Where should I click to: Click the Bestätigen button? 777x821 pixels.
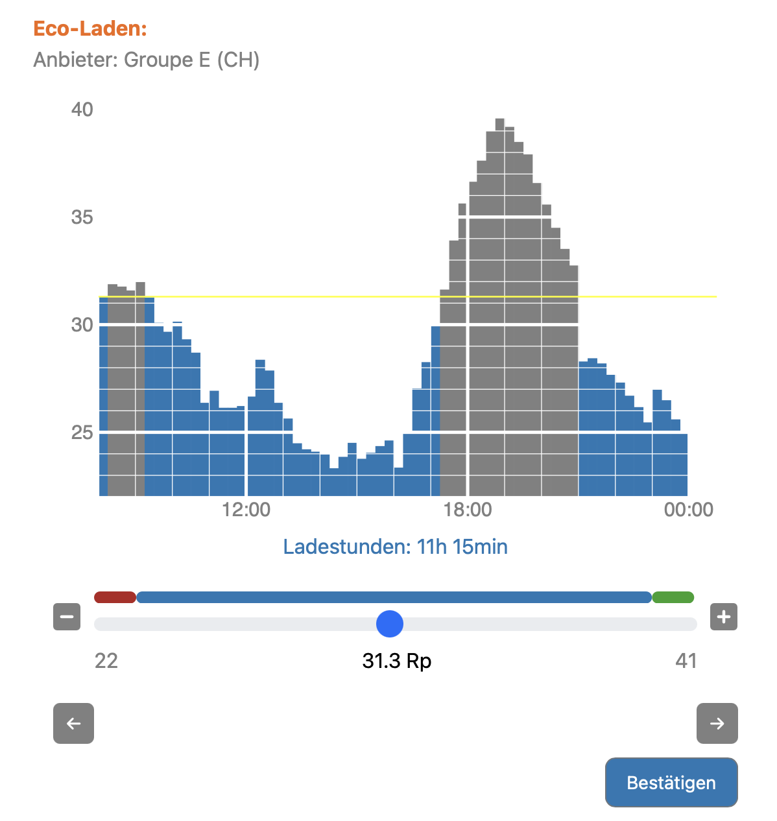(x=671, y=783)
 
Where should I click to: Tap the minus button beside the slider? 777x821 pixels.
(x=67, y=617)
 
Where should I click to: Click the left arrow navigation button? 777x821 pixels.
(x=73, y=724)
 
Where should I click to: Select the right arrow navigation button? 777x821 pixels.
(x=717, y=724)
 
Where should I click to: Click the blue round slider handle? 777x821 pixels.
(x=390, y=624)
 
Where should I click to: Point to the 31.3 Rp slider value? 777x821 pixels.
(x=396, y=661)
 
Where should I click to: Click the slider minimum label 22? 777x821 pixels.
(x=106, y=661)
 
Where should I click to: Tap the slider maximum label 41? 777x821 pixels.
(x=686, y=661)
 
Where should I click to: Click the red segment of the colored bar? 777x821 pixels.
(x=115, y=597)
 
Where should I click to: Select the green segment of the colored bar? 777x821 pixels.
(x=673, y=597)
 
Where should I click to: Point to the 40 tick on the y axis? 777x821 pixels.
(x=82, y=110)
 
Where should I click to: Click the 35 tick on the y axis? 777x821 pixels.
(x=82, y=217)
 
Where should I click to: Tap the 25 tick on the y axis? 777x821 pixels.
(x=82, y=432)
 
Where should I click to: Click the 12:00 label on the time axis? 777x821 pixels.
(x=246, y=510)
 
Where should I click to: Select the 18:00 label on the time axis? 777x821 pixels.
(x=468, y=510)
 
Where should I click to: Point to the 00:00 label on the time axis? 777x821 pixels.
(x=688, y=510)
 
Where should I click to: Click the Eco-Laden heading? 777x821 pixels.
(x=90, y=29)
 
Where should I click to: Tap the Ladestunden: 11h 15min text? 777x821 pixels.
(x=395, y=547)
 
